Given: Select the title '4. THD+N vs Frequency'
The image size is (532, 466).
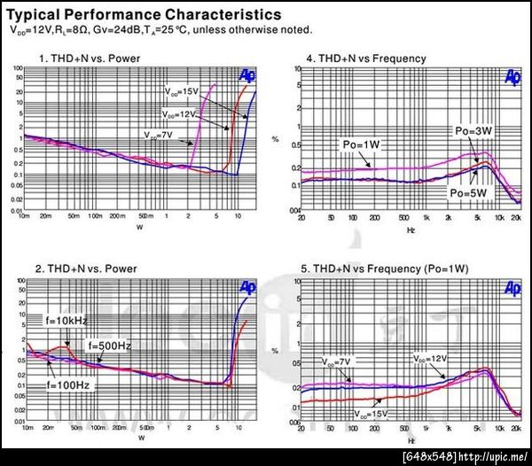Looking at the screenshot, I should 366,58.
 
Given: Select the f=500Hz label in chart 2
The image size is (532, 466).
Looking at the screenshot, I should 110,345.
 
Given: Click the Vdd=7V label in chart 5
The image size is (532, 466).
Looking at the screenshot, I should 338,361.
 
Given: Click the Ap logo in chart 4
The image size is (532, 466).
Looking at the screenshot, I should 512,78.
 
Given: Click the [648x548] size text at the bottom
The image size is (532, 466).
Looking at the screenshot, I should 429,456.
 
